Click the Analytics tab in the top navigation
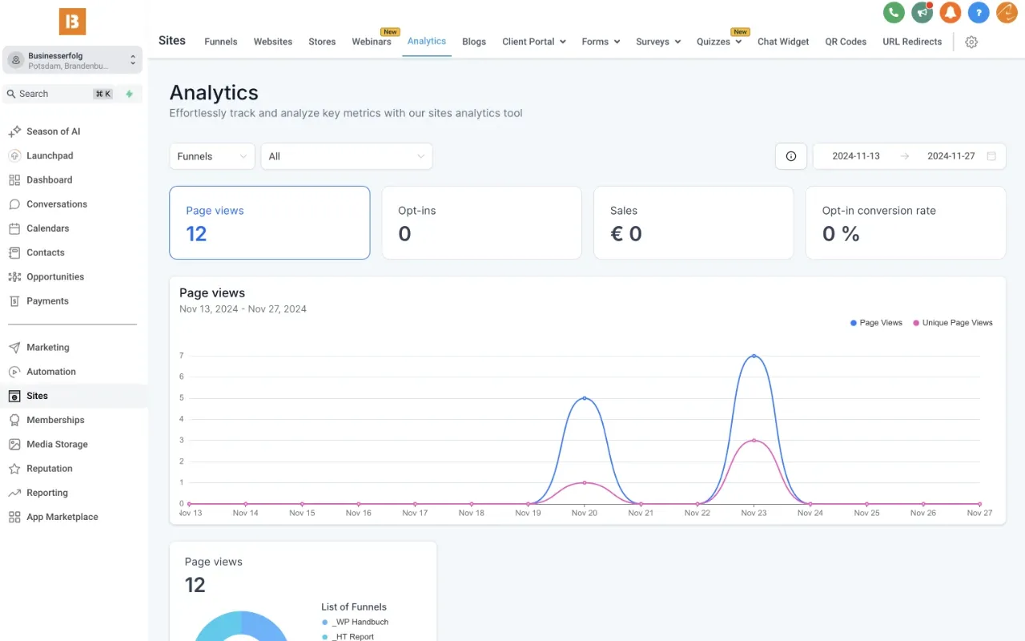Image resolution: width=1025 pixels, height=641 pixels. [426, 42]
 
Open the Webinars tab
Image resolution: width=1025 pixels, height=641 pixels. [372, 42]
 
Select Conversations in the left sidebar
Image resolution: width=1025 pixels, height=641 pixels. [56, 204]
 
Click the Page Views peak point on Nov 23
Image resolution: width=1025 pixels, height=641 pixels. [754, 356]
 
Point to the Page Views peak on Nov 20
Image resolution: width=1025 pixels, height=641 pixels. [585, 398]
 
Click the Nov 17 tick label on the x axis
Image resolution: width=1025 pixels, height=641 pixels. [415, 513]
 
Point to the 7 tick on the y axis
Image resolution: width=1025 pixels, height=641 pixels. [182, 356]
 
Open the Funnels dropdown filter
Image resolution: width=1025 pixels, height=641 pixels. [211, 156]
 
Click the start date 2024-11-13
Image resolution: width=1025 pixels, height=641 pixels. [855, 156]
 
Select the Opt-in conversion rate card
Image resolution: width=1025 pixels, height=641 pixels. [905, 223]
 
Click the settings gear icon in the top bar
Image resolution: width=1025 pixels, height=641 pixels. [971, 42]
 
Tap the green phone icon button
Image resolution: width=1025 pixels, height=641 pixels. [894, 12]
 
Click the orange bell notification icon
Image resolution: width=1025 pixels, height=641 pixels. [950, 12]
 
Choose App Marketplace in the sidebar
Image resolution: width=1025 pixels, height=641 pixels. [62, 517]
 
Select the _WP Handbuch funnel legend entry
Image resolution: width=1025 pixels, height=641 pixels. [360, 622]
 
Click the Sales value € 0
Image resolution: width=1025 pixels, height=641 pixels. [626, 234]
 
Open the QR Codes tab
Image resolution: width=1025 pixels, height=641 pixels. [846, 42]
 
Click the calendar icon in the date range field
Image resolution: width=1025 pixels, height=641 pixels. [991, 156]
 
